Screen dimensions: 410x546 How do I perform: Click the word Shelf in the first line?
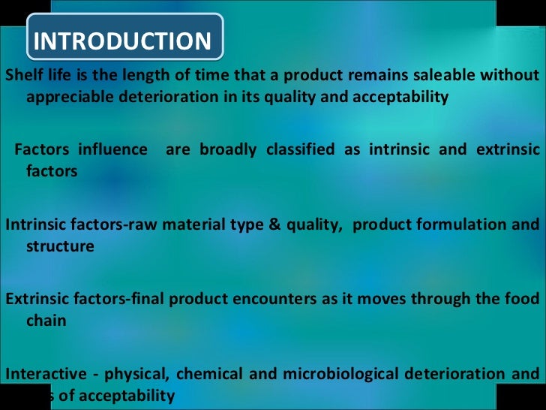(x=23, y=76)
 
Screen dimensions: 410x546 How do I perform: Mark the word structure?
(x=60, y=246)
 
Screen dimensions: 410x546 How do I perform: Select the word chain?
(x=46, y=321)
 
